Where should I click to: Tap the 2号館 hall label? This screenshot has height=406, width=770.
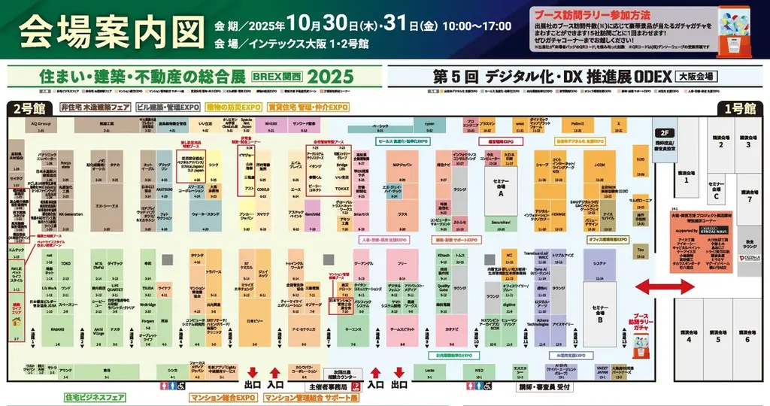(x=28, y=108)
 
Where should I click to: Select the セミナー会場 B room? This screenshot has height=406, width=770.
(x=599, y=314)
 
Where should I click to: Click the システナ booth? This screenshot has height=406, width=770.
(x=599, y=264)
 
